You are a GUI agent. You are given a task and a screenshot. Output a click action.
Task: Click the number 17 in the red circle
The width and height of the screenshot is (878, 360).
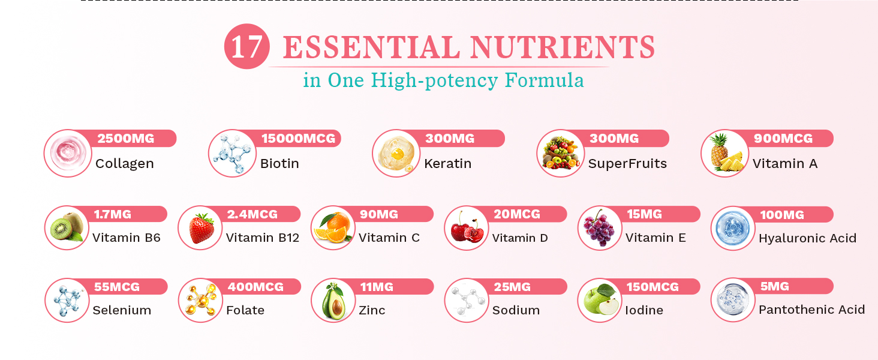246,47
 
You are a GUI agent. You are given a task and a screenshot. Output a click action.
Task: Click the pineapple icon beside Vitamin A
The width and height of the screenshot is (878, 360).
724,154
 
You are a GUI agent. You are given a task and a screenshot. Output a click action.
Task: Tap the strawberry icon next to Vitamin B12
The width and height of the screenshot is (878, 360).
201,229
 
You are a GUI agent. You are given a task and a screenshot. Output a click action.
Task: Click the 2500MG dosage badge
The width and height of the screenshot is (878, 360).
126,139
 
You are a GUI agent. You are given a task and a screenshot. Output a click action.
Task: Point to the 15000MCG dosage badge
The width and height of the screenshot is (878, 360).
298,139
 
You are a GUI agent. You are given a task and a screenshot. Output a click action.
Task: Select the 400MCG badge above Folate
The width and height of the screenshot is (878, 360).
255,287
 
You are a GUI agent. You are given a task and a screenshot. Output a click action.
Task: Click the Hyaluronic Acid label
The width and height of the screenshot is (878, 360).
807,238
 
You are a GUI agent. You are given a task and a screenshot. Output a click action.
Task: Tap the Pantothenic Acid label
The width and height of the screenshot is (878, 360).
811,310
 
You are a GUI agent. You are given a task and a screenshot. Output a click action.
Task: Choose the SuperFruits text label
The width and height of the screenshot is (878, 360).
627,163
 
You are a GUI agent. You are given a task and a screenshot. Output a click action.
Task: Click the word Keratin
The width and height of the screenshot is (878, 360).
447,163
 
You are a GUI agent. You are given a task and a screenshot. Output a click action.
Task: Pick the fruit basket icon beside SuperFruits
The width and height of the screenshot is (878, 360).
560,154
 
